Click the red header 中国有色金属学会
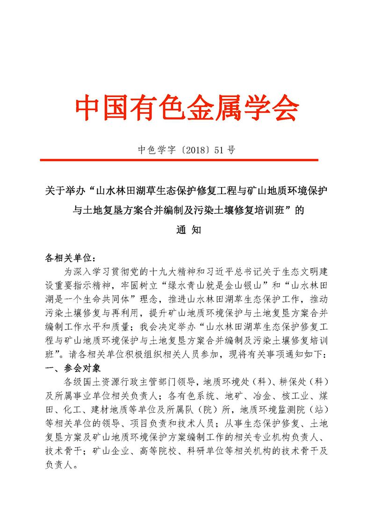[187, 108]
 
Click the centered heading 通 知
[187, 230]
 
